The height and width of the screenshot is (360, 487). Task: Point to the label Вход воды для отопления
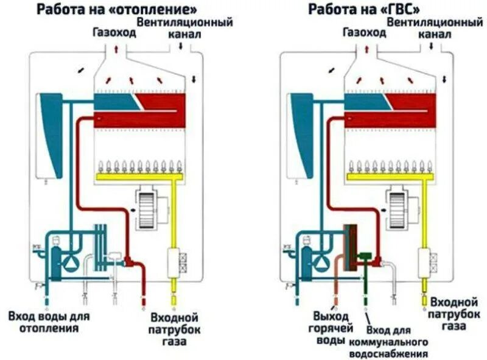pyautogui.click(x=49, y=322)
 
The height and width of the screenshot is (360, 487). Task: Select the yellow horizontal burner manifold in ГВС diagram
pyautogui.click(x=390, y=177)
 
